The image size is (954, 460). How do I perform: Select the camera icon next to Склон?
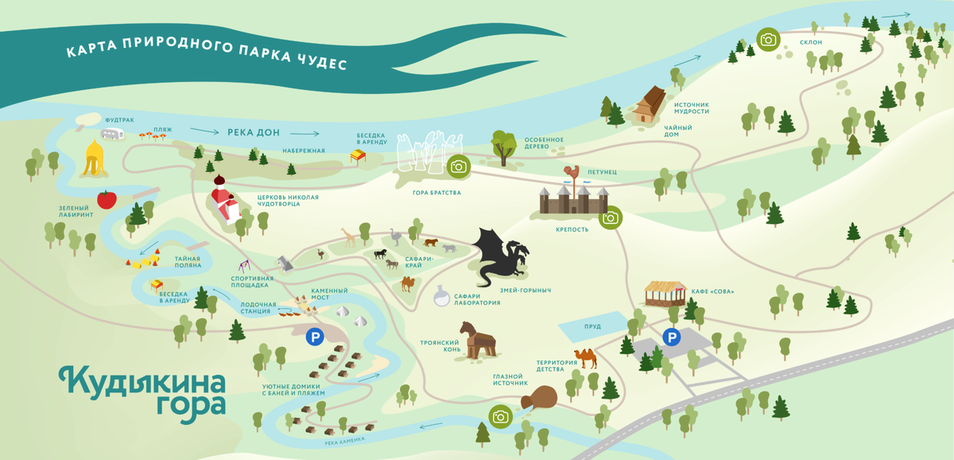point(767,39)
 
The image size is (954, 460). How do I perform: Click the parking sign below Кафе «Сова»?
point(673,337)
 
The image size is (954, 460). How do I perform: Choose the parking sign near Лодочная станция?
point(315,337)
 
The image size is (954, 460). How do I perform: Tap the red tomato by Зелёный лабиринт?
point(107,199)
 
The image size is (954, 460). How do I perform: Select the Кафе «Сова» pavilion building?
point(665,294)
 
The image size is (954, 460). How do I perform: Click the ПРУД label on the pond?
point(592,326)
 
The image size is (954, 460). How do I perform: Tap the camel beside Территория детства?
point(586,357)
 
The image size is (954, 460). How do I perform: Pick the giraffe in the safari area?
point(348,236)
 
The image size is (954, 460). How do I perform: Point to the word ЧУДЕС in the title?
point(324,63)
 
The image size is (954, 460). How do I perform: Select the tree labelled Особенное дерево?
point(503,146)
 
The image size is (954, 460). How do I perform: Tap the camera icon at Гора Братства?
point(458,166)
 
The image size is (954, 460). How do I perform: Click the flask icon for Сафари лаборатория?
point(441,298)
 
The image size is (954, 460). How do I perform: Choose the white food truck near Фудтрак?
point(114,134)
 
